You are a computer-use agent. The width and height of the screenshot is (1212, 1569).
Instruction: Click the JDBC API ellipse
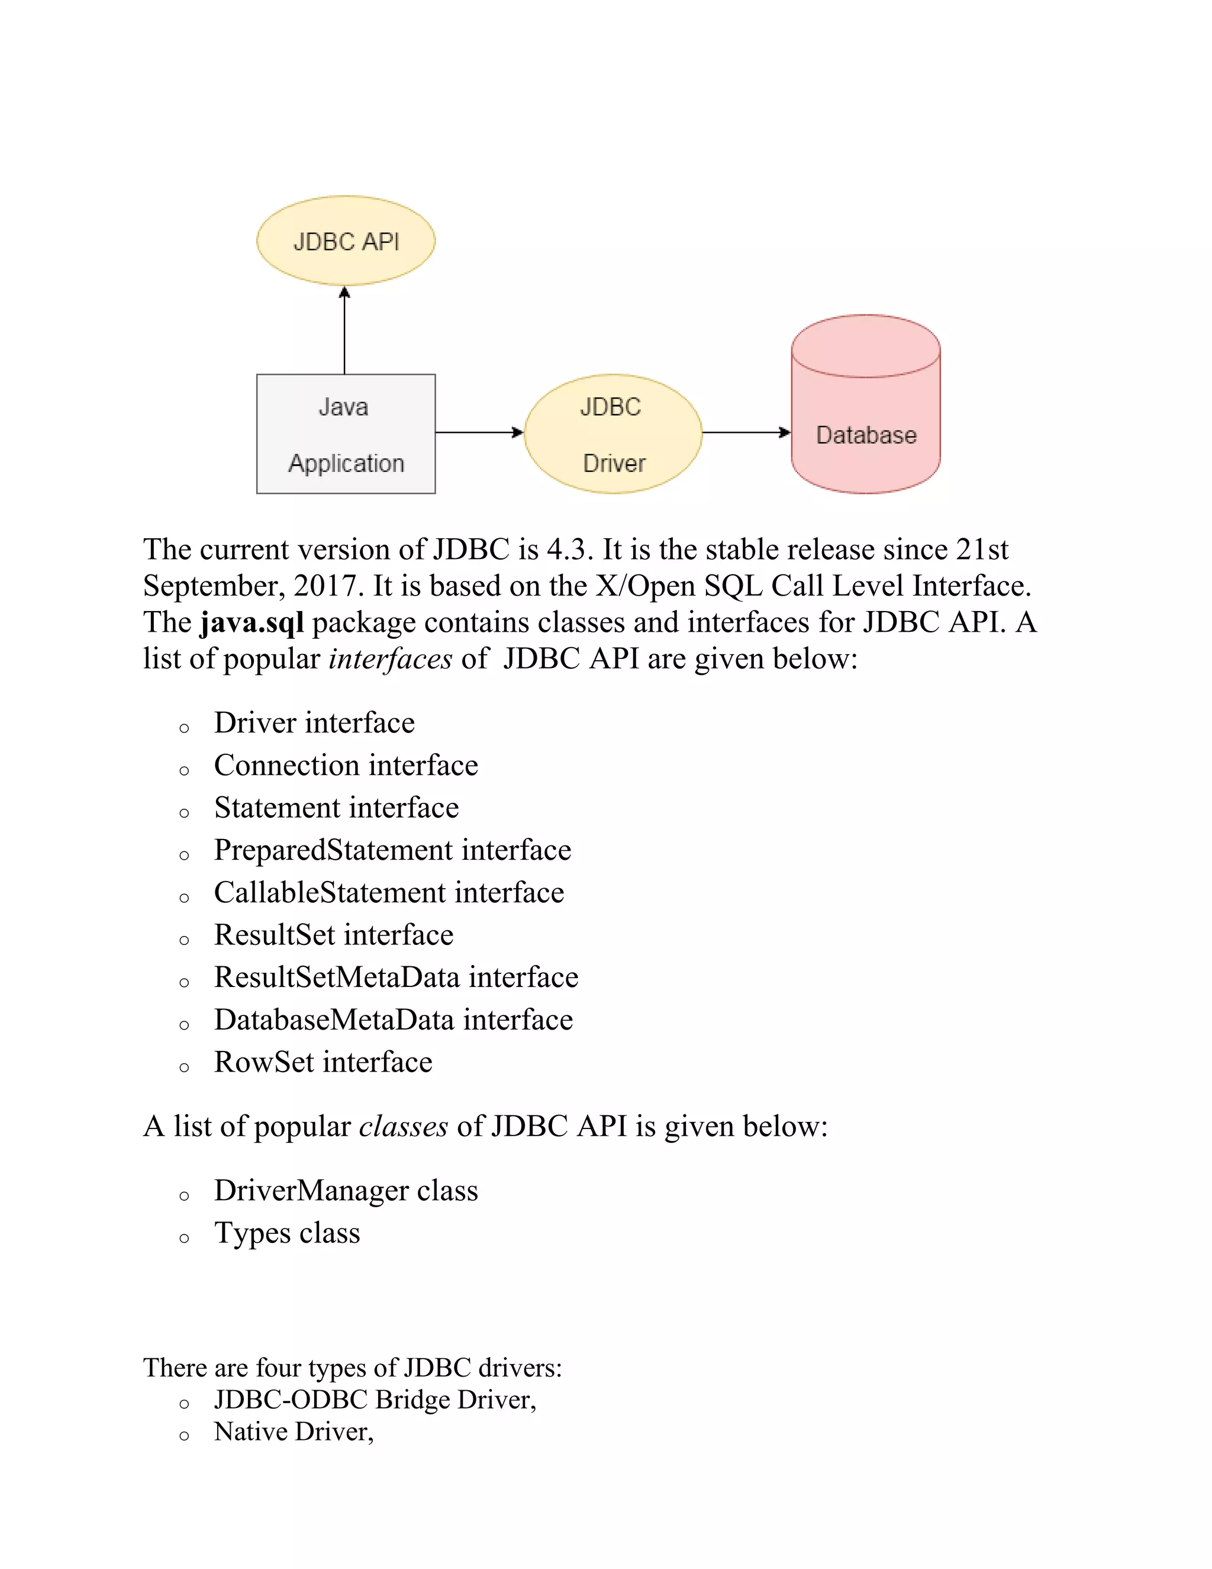tap(346, 240)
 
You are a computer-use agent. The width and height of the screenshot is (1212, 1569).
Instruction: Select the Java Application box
tap(346, 434)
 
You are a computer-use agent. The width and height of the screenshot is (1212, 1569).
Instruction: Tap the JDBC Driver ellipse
tap(613, 434)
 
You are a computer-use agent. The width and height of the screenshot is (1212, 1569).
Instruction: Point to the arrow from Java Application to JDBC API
tap(344, 330)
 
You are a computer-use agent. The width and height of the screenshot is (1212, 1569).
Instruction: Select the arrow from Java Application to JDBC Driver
tap(479, 432)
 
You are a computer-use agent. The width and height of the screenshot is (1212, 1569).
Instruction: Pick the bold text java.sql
tap(252, 623)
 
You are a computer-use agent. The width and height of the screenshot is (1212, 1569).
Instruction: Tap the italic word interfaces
tap(391, 659)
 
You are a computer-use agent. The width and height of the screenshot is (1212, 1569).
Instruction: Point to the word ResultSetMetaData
tap(337, 978)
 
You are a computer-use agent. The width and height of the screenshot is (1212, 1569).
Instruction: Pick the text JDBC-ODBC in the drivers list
tap(291, 1400)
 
